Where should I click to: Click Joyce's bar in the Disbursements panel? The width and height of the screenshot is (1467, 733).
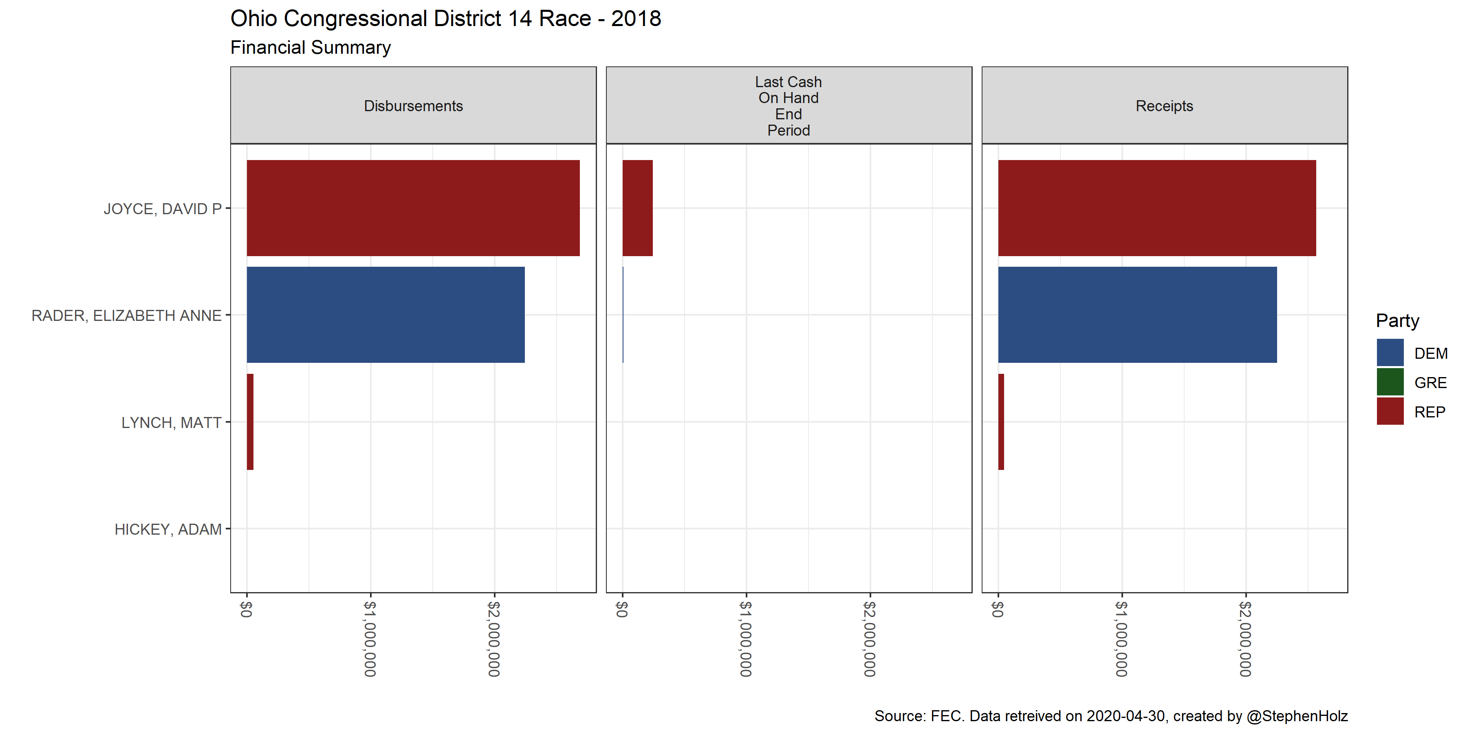click(413, 208)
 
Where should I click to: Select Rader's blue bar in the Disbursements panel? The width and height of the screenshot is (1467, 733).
click(385, 315)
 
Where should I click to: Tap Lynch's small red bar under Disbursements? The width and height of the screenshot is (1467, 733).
click(250, 422)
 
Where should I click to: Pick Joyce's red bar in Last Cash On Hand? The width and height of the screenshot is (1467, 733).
click(637, 208)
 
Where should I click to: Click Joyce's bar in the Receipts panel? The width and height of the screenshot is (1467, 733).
click(1156, 208)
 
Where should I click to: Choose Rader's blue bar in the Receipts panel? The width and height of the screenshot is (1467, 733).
click(1137, 315)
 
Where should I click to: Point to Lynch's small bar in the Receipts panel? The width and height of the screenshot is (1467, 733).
click(1001, 422)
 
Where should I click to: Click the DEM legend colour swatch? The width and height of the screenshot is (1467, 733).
click(1390, 353)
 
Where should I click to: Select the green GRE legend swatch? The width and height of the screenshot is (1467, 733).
click(1390, 382)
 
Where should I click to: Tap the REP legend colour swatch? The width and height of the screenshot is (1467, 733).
click(1390, 411)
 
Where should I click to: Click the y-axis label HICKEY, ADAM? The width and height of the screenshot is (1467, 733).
click(168, 529)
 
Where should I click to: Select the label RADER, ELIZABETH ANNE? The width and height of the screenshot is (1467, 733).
click(126, 315)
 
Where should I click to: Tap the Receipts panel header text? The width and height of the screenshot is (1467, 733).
click(1164, 106)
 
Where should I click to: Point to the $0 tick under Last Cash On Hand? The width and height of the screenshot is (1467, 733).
click(622, 609)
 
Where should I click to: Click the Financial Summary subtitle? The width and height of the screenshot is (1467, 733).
click(311, 47)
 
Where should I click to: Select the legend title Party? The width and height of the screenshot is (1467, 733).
click(1397, 320)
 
